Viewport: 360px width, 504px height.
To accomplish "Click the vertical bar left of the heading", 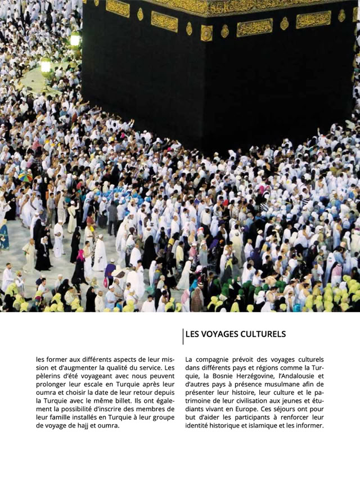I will (183, 336).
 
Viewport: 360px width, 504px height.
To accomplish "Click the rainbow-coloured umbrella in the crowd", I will (25, 177).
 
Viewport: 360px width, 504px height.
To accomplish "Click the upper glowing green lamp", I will (75, 39).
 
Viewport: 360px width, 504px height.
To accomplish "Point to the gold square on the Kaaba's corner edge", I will (206, 33).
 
